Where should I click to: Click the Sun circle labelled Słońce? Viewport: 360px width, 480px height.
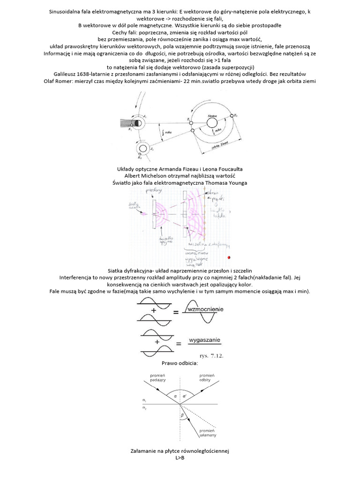[212, 123]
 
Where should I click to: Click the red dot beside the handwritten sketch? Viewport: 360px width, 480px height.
[228, 258]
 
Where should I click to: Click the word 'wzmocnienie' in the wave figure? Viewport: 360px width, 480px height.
[205, 309]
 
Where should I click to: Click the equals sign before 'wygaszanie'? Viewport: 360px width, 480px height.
[179, 345]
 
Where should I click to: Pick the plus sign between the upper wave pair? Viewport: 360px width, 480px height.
[154, 310]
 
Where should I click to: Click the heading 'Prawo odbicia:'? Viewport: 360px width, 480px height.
[180, 363]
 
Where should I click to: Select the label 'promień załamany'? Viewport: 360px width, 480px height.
[207, 433]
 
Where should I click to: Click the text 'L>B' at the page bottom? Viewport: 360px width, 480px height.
[180, 458]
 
